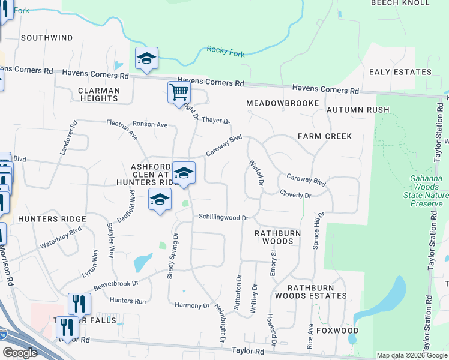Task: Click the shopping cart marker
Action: (179, 94)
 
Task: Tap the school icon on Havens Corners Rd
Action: (146, 59)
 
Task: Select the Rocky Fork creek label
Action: (225, 52)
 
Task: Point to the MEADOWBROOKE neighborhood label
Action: (282, 103)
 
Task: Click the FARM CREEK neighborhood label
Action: (325, 136)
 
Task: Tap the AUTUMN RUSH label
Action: (358, 110)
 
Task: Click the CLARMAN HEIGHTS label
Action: (99, 94)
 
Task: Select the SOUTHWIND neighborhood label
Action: (47, 38)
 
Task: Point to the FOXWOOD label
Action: (339, 331)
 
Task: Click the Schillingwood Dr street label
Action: (223, 217)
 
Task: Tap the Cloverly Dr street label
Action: (295, 194)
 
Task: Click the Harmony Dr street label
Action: (191, 305)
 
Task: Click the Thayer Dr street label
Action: (215, 120)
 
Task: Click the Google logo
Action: (20, 353)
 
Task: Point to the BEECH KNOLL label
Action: (400, 3)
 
